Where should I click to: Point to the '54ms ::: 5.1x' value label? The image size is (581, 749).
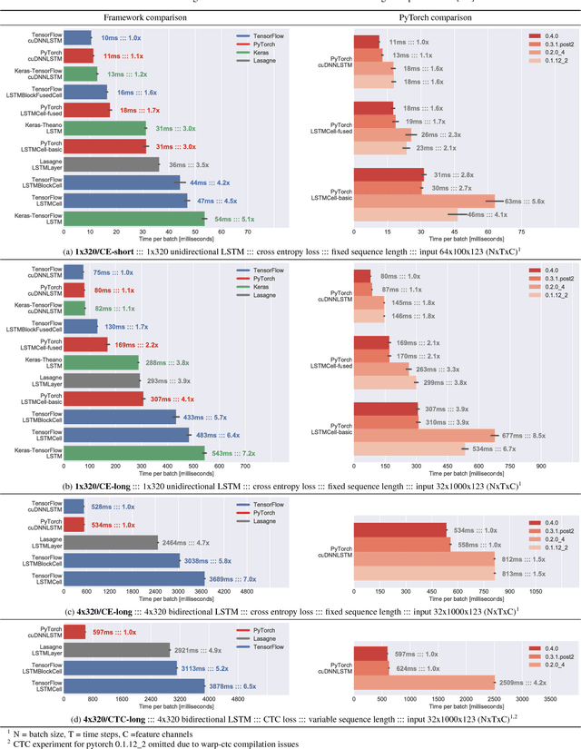(x=235, y=219)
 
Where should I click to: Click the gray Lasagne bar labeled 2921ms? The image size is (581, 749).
(x=118, y=649)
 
